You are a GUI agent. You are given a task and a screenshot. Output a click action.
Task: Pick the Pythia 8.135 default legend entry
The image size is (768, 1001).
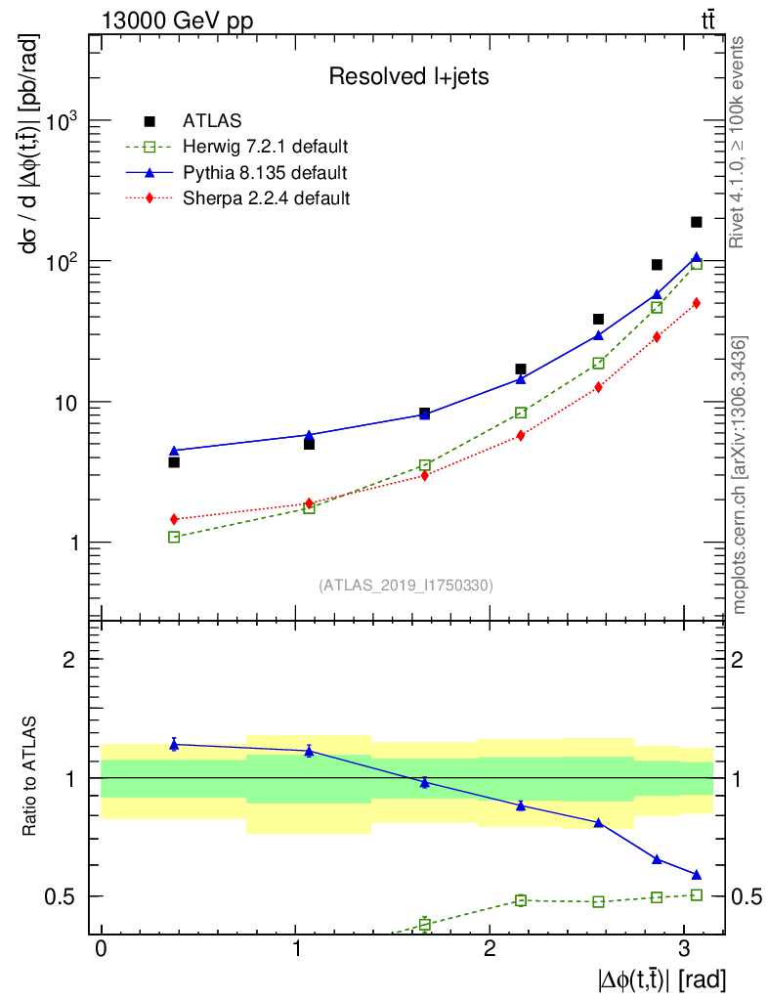click(x=265, y=173)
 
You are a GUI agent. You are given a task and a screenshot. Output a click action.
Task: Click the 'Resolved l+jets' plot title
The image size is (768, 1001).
click(x=408, y=77)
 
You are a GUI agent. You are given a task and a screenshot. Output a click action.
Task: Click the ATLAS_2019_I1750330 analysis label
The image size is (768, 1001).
click(x=405, y=586)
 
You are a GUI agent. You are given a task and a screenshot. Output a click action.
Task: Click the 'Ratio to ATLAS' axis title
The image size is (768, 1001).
click(x=32, y=777)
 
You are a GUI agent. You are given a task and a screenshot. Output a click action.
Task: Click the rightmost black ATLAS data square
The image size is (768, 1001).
click(x=696, y=223)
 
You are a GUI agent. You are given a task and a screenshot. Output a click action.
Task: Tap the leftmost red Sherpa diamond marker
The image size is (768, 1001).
click(x=174, y=519)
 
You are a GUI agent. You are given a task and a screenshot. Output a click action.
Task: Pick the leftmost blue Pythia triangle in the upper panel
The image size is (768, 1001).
click(x=174, y=451)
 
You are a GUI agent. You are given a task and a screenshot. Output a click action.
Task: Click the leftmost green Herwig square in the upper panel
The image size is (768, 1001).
click(x=174, y=537)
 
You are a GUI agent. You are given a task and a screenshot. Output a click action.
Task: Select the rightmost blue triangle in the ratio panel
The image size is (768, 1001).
click(x=696, y=874)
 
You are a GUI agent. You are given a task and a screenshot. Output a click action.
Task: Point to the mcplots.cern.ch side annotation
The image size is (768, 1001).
click(x=740, y=475)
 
